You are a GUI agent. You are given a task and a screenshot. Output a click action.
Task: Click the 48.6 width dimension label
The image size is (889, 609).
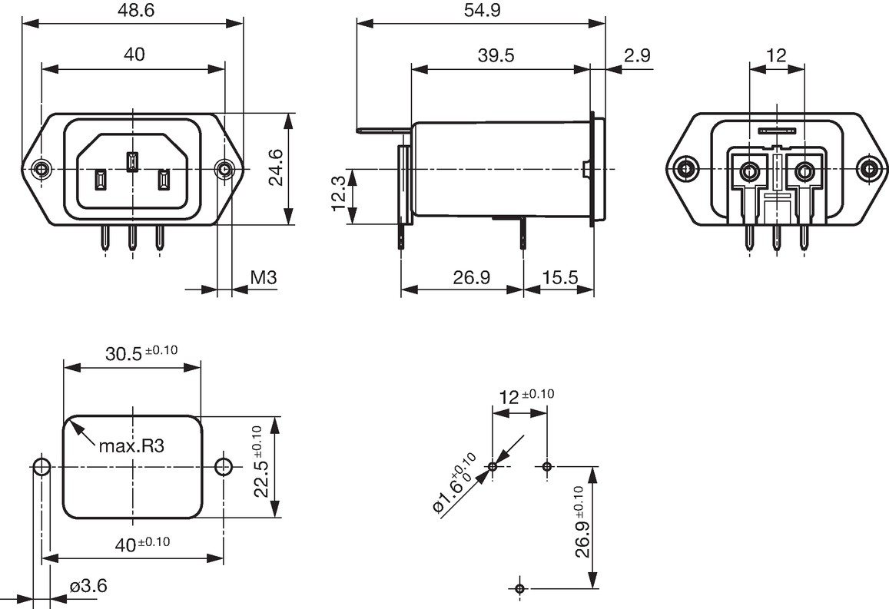133,10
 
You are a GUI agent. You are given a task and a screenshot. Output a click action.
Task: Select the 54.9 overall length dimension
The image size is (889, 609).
482,10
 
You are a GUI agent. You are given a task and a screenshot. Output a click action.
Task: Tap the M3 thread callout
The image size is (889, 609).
263,277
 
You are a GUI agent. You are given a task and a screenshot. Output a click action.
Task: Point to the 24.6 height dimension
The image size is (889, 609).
277,167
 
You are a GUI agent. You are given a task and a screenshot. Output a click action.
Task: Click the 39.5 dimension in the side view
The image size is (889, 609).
496,55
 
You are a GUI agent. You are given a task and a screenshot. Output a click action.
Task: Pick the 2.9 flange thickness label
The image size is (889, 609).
637,55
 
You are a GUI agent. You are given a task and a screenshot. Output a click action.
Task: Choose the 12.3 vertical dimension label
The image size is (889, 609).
339,193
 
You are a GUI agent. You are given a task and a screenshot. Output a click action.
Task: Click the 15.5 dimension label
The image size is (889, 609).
559,277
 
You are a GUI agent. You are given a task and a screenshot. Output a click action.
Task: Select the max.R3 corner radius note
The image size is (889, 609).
131,446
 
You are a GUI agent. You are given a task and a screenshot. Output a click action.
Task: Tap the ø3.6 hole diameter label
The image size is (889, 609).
88,586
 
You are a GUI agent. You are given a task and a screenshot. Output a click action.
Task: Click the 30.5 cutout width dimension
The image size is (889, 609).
141,353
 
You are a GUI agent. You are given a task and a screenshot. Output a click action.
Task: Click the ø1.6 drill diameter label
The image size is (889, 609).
454,484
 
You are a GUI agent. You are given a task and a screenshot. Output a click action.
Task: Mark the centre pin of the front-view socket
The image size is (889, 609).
131,161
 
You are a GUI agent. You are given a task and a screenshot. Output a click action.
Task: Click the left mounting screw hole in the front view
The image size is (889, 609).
41,168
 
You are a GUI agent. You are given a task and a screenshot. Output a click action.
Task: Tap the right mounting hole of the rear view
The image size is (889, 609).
867,169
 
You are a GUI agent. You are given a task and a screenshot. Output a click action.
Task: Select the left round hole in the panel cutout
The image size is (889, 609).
41,468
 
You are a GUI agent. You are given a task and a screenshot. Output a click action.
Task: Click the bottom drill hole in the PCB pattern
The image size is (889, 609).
520,587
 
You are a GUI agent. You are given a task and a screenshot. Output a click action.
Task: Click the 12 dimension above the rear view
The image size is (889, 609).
776,55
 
